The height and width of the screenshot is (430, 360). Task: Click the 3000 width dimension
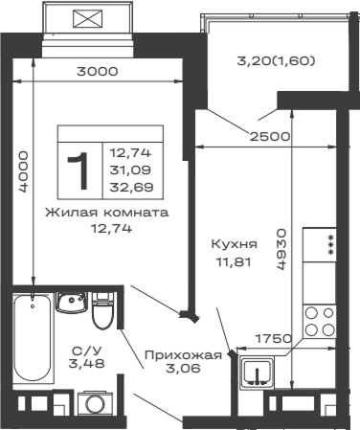pos(98,71)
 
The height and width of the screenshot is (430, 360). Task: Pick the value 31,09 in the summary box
pos(129,169)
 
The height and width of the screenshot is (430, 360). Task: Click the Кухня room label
pos(234,244)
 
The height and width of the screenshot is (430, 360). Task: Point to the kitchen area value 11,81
pos(232,261)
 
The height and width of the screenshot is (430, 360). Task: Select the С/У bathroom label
pos(80,348)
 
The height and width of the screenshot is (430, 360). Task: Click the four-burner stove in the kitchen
pos(319,320)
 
